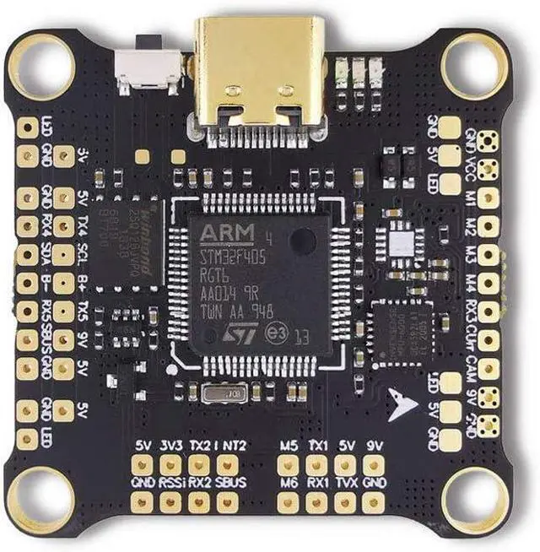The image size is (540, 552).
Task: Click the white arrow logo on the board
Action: [403, 403]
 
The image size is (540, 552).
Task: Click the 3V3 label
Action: [170, 445]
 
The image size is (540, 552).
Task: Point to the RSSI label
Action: [170, 483]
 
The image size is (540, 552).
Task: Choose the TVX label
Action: [344, 483]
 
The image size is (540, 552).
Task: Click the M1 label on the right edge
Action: [471, 198]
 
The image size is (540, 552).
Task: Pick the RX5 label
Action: [47, 311]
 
